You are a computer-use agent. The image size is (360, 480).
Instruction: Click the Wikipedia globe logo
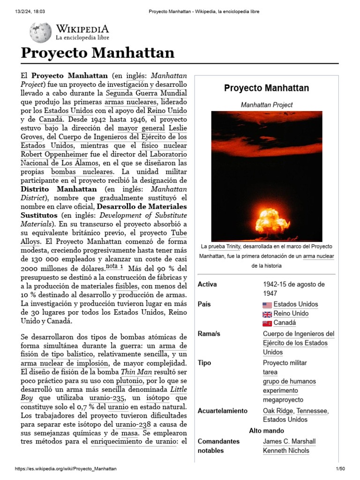click(x=40, y=32)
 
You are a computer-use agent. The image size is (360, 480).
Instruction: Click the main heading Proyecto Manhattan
click(x=97, y=53)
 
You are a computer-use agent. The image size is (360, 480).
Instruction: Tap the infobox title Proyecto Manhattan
click(x=266, y=88)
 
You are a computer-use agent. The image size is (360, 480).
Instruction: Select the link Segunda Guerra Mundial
click(x=146, y=93)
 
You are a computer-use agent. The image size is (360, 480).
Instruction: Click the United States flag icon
click(x=267, y=305)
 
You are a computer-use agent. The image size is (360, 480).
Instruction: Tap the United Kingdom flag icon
click(x=267, y=314)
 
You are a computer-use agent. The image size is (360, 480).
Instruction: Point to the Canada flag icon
click(x=267, y=323)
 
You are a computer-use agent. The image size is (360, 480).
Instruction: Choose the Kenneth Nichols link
click(x=286, y=450)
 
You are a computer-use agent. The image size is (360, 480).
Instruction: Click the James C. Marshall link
click(x=289, y=441)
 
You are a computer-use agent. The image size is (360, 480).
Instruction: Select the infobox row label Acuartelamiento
click(x=222, y=411)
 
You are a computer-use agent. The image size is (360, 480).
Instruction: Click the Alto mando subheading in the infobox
click(x=266, y=430)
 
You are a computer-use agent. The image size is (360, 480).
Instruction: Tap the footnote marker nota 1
click(x=115, y=267)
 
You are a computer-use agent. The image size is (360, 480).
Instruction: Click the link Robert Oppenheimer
click(x=54, y=154)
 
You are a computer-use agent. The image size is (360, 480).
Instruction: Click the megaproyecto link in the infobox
click(x=283, y=400)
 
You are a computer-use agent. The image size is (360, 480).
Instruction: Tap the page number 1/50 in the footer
click(x=340, y=469)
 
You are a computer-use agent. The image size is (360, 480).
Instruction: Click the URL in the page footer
click(x=66, y=469)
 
